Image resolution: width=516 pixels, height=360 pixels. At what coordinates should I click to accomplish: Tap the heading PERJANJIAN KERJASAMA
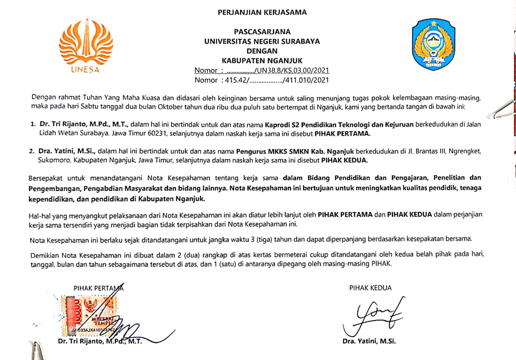point(262,12)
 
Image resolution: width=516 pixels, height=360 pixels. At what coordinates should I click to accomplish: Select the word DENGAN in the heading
point(262,51)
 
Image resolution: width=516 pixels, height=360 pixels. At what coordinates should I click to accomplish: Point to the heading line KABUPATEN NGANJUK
point(262,60)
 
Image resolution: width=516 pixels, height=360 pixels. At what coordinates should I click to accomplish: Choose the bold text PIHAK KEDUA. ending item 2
point(345,160)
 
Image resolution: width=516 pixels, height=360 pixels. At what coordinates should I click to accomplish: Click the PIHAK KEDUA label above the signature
point(370,288)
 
